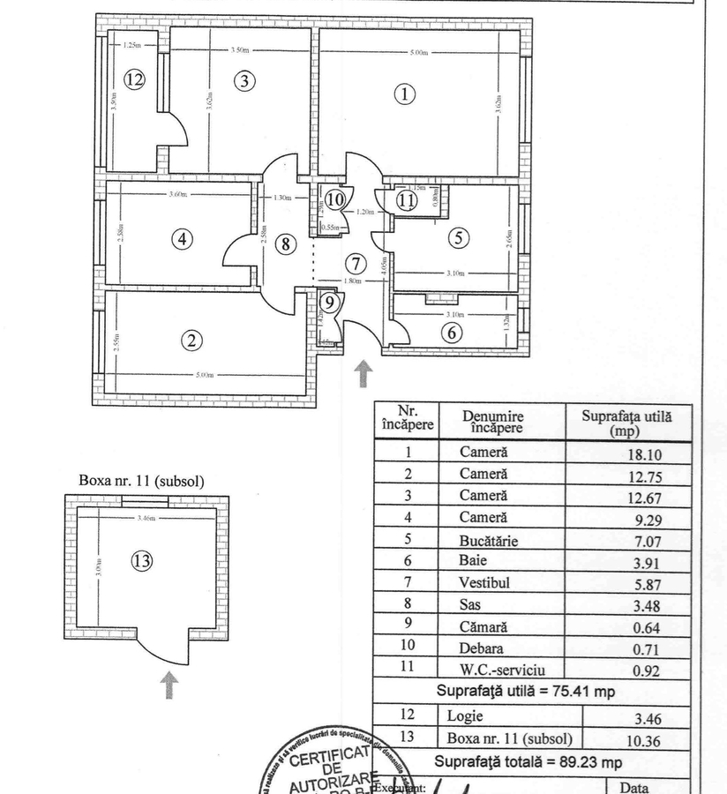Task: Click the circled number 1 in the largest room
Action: click(404, 94)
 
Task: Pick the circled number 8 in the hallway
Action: click(285, 244)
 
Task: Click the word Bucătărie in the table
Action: click(489, 540)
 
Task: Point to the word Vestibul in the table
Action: click(484, 582)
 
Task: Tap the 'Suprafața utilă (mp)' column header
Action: click(626, 423)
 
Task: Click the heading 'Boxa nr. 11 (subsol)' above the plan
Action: click(141, 481)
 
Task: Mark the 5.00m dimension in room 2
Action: click(205, 377)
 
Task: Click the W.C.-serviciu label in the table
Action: click(503, 669)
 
